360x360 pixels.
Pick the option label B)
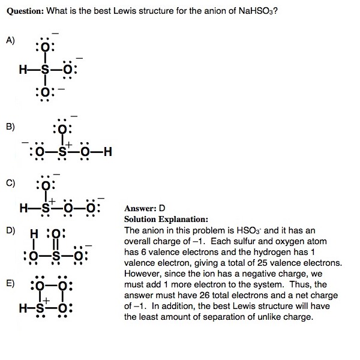tap(10, 127)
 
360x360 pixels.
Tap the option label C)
tap(10, 182)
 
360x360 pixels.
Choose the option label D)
tap(10, 230)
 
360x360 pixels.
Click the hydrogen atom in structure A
tap(23, 70)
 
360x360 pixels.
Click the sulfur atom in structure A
tap(45, 70)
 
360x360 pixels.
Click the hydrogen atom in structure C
tap(23, 209)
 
